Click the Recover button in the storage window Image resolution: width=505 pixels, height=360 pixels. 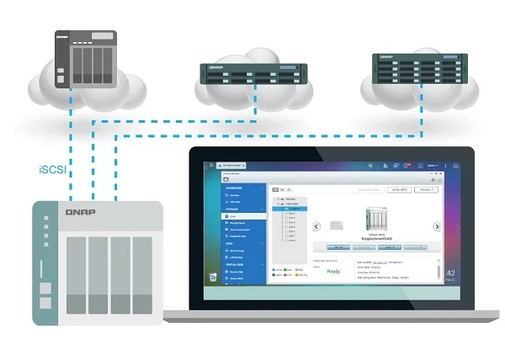pyautogui.click(x=425, y=189)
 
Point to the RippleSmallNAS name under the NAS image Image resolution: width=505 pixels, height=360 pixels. pyautogui.click(x=376, y=239)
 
